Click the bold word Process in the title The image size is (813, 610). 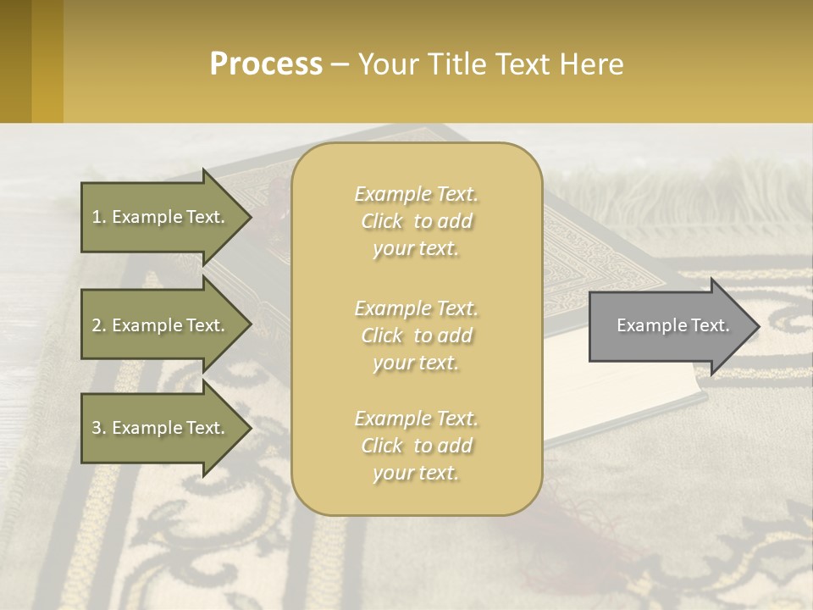click(266, 64)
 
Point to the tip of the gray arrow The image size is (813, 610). click(757, 326)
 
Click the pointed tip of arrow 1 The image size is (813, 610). click(250, 217)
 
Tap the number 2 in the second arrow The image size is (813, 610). click(97, 325)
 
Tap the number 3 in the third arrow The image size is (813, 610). click(97, 428)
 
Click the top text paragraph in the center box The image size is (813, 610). click(416, 221)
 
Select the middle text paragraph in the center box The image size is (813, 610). click(416, 335)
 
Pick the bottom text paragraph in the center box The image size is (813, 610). click(416, 446)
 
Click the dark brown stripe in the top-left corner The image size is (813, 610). click(15, 61)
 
